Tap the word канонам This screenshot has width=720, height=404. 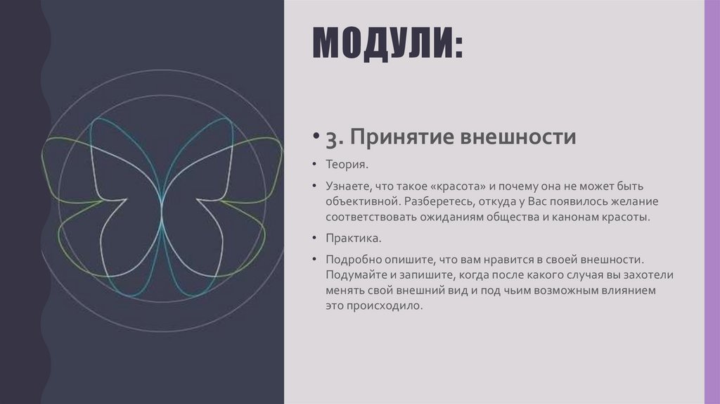tap(570, 217)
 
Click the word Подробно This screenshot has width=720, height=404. tap(354, 260)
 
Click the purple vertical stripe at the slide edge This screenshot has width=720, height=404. tap(712, 202)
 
